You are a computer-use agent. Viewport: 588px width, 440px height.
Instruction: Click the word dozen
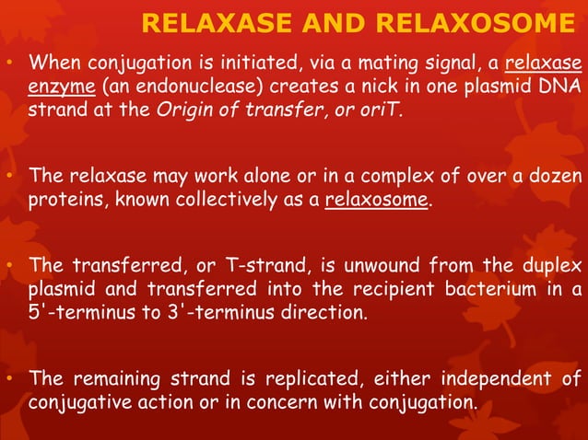click(x=555, y=177)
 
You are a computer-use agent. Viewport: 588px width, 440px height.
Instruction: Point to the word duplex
click(x=549, y=267)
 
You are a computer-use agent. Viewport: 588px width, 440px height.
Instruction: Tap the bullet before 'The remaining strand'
click(x=9, y=379)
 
